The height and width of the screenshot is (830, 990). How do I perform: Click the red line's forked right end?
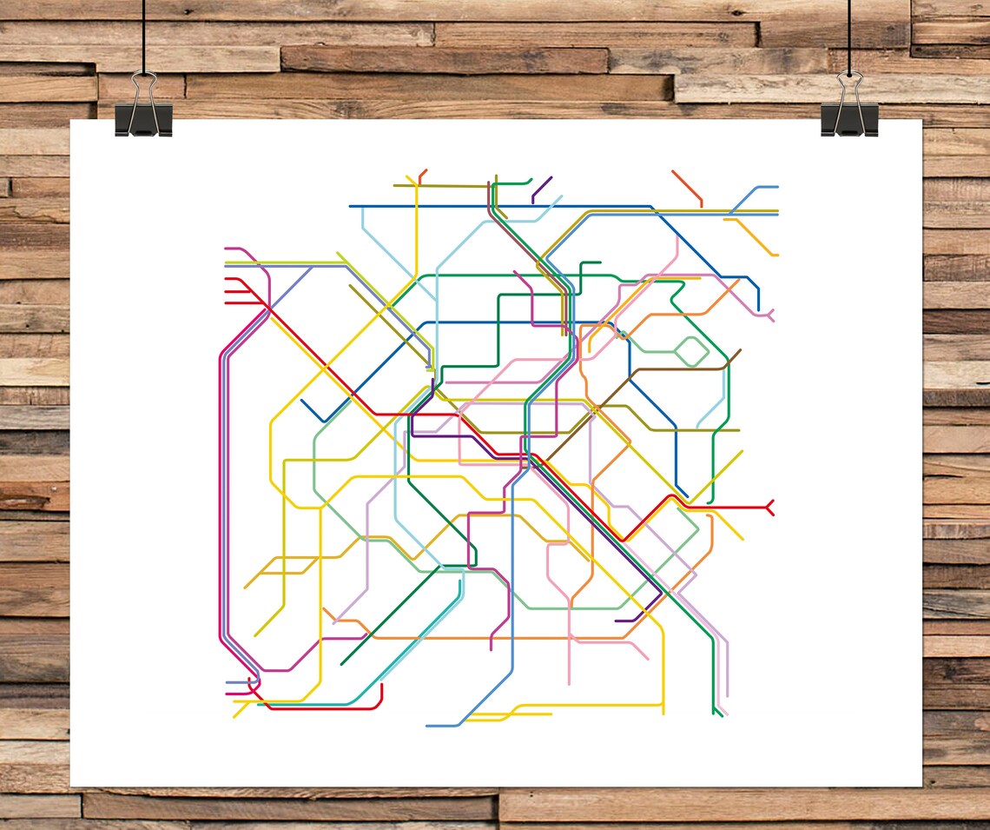tap(769, 507)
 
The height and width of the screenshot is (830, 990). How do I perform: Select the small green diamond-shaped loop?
tap(691, 352)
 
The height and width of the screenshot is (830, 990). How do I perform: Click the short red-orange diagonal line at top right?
tap(686, 187)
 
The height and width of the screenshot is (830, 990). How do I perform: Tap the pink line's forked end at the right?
tap(769, 315)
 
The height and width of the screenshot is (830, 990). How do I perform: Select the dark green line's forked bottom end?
tap(717, 711)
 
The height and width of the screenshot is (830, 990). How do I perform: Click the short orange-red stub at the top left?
tap(422, 176)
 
